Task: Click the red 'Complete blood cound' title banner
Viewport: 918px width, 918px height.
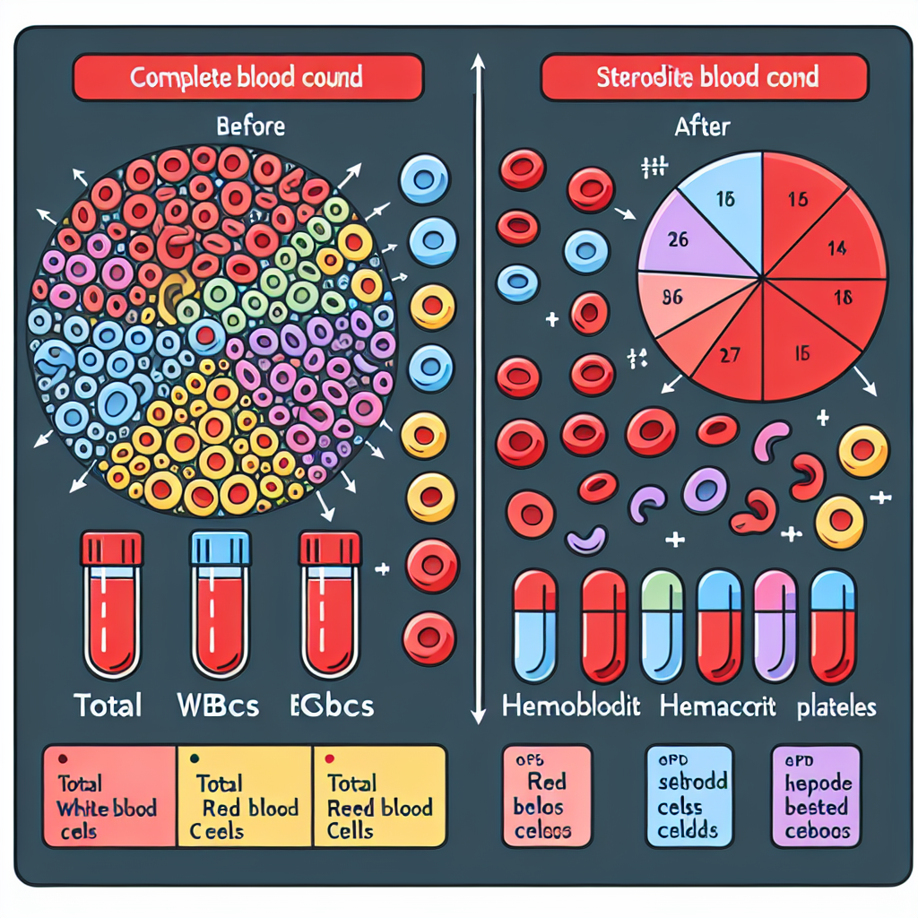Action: point(247,77)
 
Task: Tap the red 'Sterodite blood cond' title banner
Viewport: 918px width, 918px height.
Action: point(706,77)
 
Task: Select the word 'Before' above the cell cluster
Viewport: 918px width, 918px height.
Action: point(251,126)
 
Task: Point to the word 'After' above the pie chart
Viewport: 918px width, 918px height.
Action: point(701,127)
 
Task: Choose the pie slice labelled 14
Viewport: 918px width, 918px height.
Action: point(829,247)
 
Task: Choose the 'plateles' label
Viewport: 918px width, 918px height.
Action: point(836,706)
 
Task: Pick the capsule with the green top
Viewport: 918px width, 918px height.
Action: point(663,628)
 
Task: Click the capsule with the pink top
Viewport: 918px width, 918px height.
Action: point(775,628)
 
